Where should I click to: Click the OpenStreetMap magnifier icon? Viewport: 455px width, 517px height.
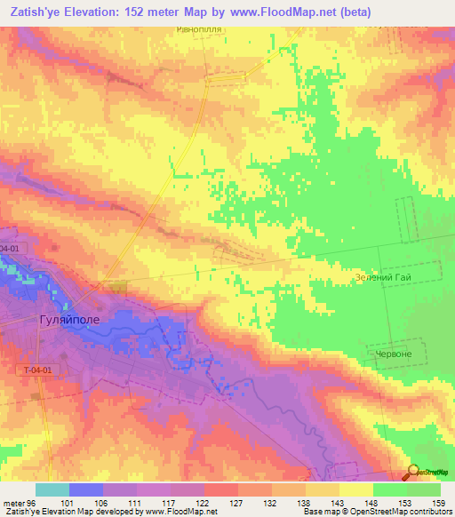(412, 473)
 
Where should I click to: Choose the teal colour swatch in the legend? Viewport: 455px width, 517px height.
(52, 489)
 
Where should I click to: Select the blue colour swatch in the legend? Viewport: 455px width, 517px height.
(86, 489)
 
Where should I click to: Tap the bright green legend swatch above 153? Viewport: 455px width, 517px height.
(390, 489)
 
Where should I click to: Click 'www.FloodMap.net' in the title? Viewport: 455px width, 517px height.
(291, 11)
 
